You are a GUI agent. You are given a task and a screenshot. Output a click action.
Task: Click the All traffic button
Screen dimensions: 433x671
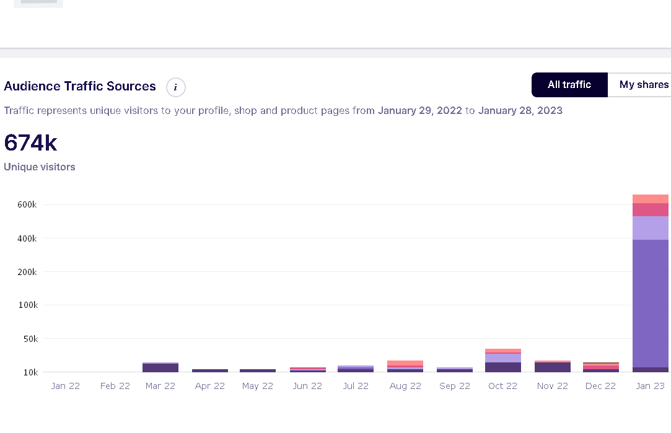click(x=569, y=85)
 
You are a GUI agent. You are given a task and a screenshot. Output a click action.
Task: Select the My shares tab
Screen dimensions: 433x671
click(x=644, y=85)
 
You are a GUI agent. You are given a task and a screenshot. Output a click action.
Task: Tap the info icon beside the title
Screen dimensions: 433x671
click(x=176, y=87)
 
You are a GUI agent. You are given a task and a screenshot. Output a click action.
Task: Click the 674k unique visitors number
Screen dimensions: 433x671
click(x=30, y=143)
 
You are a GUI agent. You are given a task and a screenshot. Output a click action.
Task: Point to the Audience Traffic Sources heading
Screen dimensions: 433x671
click(x=80, y=86)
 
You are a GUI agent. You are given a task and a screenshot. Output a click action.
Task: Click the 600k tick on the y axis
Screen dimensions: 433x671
click(x=27, y=205)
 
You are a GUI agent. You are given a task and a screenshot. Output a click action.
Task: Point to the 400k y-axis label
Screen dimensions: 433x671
click(x=27, y=238)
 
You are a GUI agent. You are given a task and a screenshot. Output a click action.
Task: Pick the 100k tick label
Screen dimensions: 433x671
click(x=27, y=305)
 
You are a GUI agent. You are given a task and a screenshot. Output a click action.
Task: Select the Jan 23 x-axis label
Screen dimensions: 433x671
click(x=650, y=386)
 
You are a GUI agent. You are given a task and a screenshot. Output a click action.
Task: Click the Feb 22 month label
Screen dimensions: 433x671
click(x=115, y=386)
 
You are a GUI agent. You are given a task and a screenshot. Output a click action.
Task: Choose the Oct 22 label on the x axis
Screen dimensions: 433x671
click(x=502, y=386)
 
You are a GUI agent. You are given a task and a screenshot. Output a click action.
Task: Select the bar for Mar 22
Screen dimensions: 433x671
click(x=160, y=367)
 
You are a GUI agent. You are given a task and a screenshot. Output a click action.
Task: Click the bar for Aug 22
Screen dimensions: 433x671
click(x=405, y=366)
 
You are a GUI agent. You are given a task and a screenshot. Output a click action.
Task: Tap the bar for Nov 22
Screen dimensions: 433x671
click(x=552, y=366)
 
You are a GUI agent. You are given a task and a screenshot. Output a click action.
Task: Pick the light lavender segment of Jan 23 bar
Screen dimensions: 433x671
click(x=651, y=228)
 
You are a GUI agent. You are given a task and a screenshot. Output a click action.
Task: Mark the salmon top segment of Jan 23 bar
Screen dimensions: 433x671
click(x=651, y=199)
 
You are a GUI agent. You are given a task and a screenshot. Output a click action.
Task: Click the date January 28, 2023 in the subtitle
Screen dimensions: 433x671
click(x=520, y=111)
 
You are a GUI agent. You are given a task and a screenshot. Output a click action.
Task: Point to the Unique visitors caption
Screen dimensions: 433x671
click(x=40, y=167)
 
